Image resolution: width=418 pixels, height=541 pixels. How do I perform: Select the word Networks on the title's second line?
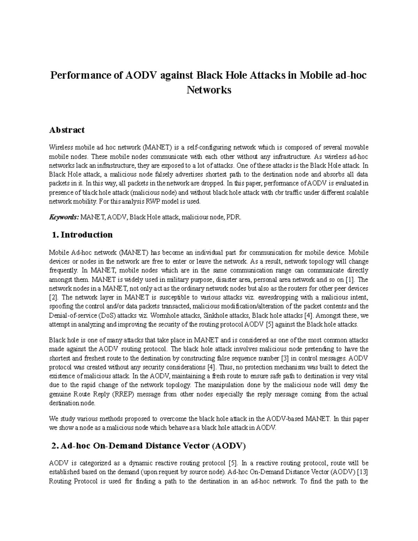tap(209, 90)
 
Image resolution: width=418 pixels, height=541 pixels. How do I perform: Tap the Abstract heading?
tap(67, 130)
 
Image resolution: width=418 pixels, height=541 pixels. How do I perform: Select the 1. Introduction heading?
tap(82, 235)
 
